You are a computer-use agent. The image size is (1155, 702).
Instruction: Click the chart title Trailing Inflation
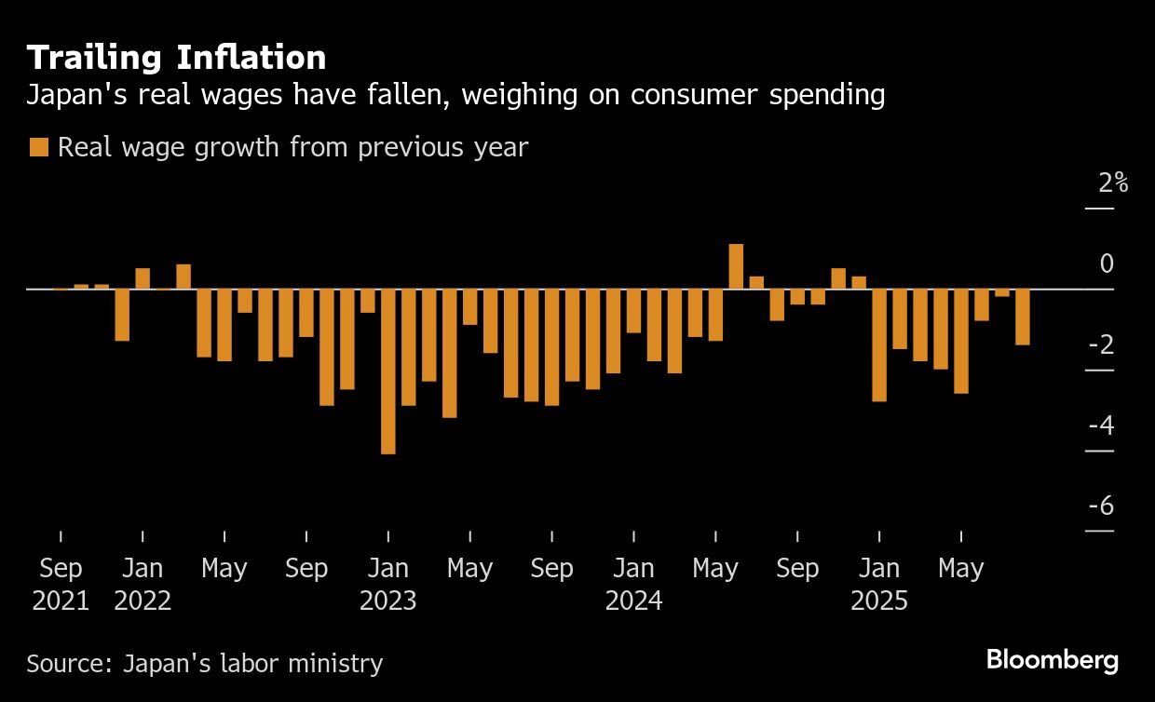176,58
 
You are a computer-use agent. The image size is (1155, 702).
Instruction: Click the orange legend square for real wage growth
39,147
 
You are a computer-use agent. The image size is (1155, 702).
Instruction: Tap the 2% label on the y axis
1113,183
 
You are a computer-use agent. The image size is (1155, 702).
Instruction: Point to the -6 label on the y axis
1100,506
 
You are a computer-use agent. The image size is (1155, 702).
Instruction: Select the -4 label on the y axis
1100,426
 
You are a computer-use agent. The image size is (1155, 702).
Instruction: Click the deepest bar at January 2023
388,371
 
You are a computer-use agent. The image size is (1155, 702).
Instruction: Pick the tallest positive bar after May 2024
736,266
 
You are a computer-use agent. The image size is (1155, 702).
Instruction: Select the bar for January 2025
879,345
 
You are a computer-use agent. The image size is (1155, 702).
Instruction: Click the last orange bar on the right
1023,317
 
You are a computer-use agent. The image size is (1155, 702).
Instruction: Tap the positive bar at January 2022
143,278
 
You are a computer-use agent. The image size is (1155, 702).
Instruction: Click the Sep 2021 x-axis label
61,584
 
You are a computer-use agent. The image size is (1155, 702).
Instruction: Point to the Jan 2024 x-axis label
633,584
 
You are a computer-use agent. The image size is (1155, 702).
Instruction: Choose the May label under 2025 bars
961,568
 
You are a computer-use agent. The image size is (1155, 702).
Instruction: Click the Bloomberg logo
1052,660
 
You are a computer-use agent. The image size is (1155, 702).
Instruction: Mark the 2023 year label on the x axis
388,601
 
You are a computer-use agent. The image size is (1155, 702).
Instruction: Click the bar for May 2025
961,342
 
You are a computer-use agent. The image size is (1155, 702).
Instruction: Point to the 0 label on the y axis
1107,263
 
